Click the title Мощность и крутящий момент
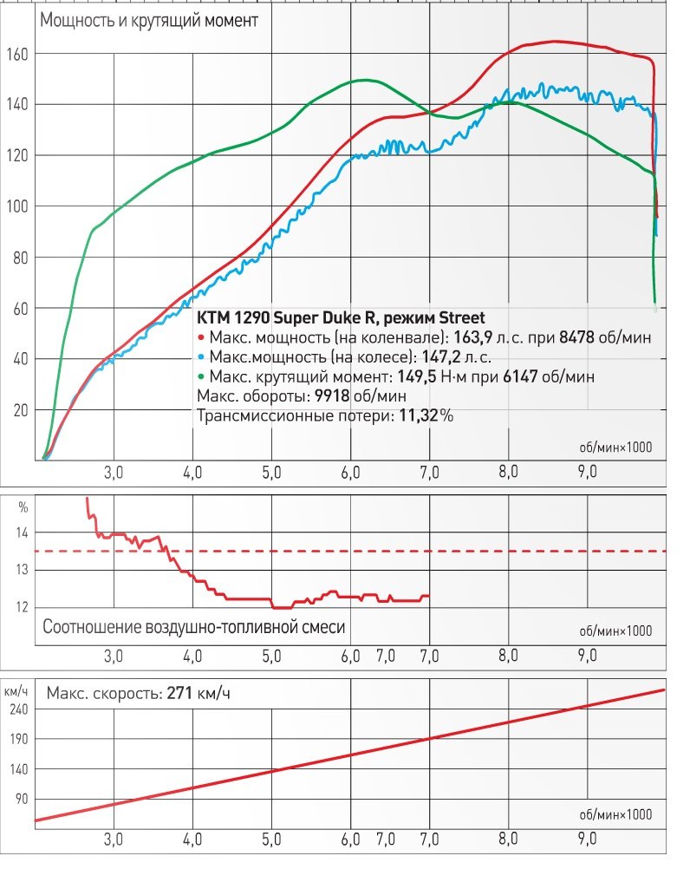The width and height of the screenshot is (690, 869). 147,22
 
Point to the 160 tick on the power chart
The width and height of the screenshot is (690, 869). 18,54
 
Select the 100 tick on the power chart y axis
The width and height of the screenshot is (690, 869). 18,206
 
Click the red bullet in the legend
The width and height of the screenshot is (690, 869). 200,336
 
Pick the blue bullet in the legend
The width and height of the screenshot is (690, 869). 200,356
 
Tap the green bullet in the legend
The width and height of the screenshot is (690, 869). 200,376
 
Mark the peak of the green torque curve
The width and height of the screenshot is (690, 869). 362,81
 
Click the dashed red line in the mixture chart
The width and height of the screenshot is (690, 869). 520,551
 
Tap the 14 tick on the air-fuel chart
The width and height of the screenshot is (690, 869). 22,533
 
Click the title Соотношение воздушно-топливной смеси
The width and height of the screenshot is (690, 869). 193,626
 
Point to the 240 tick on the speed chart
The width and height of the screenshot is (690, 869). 18,708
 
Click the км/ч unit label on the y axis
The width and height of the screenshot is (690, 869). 16,690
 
